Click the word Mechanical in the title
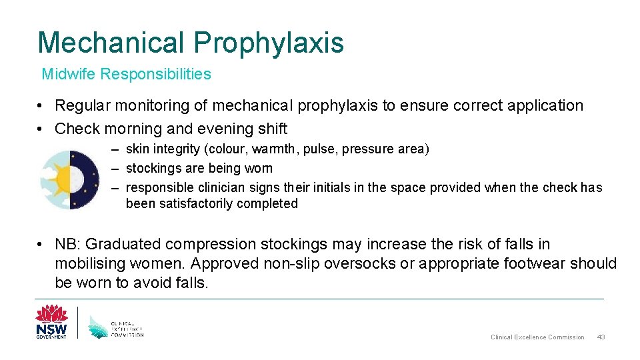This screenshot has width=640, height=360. point(111,42)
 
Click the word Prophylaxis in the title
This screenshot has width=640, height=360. point(269,43)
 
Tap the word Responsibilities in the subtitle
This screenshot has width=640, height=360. point(155,74)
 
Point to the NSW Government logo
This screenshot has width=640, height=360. point(51,322)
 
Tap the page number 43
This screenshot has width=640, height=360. point(601,337)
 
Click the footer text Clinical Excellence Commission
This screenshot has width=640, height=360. point(537,337)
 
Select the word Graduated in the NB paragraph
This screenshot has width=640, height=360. point(124,245)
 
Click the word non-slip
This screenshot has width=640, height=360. point(293,263)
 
